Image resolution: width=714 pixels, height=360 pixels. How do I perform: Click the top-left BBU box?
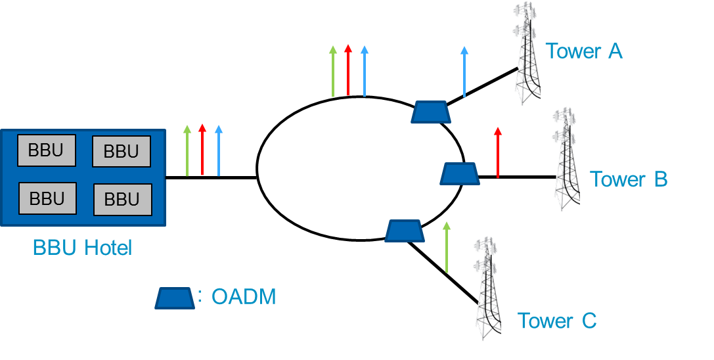[x=47, y=150]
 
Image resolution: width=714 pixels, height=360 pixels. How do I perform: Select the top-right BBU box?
[x=122, y=151]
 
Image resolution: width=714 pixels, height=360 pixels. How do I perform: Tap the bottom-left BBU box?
[x=47, y=198]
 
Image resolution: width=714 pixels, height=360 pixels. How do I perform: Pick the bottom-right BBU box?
[x=122, y=200]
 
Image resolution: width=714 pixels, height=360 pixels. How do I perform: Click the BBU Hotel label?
[x=82, y=248]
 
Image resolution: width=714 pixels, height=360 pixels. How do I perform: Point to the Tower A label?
[x=584, y=51]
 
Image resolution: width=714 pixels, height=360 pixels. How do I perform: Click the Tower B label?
[x=629, y=179]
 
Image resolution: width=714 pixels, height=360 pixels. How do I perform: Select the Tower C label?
[x=557, y=321]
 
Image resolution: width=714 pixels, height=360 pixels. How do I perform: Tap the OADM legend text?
[x=244, y=297]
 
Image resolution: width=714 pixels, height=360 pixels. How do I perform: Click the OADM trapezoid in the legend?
[x=175, y=298]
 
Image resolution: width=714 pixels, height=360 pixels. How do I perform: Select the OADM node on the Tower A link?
[x=431, y=112]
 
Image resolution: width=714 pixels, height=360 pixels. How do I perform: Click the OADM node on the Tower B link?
[x=460, y=174]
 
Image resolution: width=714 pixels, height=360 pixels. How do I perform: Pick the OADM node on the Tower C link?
[x=405, y=231]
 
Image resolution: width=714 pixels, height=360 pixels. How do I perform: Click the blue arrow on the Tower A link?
[x=464, y=72]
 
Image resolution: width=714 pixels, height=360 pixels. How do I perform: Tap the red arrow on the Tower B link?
[x=498, y=152]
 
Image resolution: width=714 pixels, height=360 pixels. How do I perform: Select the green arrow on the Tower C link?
[x=446, y=248]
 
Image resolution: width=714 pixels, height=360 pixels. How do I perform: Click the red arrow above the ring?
[x=348, y=70]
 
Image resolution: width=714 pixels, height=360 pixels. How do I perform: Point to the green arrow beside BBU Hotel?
[x=187, y=150]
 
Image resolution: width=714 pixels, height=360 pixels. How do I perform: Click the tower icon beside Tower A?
[x=528, y=53]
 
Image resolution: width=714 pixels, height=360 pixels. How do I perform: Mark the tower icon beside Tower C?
[x=488, y=288]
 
